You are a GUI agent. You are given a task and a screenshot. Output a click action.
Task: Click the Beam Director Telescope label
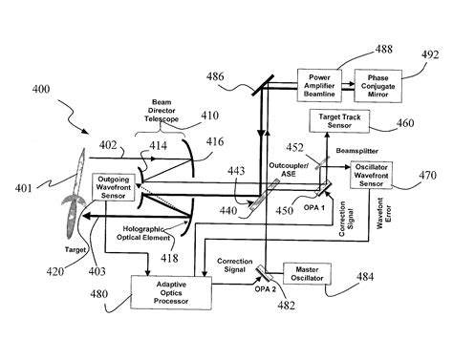click(x=149, y=117)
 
